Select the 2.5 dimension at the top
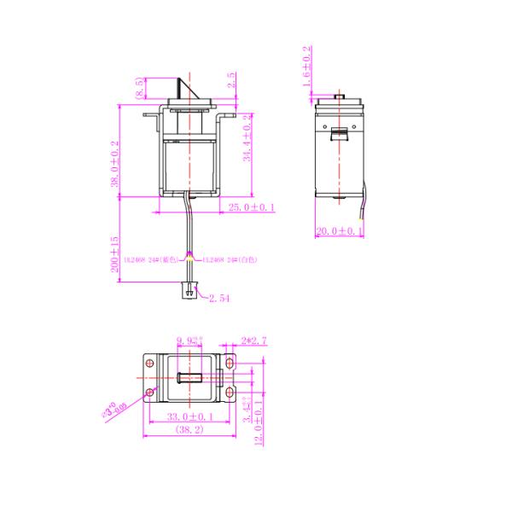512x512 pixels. [x=232, y=80]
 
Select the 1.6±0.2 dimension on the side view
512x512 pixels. [x=307, y=66]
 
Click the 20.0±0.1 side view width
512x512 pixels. [x=340, y=231]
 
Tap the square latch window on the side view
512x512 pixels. [x=339, y=133]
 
